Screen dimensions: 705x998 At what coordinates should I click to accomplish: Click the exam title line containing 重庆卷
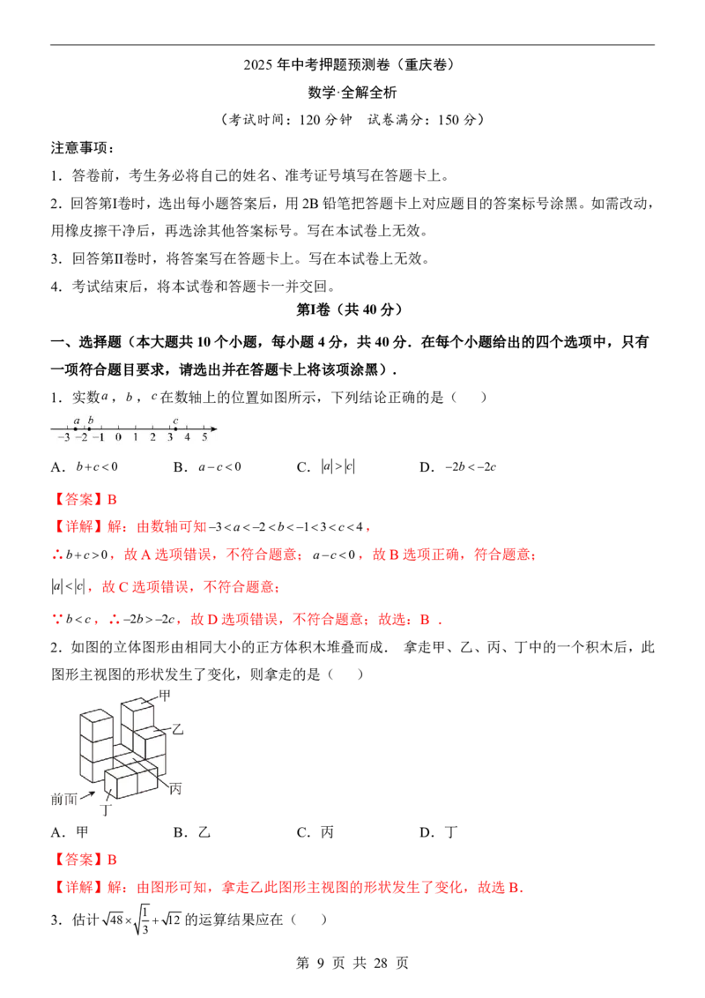pyautogui.click(x=352, y=65)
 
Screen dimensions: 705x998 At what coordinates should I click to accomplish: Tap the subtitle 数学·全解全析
pyautogui.click(x=352, y=93)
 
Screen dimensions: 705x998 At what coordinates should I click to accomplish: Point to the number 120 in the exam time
pyautogui.click(x=310, y=120)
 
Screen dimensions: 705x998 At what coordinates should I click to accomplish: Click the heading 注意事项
pyautogui.click(x=82, y=147)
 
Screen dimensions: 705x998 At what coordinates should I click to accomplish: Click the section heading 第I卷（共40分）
pyautogui.click(x=352, y=310)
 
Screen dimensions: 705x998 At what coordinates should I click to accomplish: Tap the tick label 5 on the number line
pyautogui.click(x=204, y=437)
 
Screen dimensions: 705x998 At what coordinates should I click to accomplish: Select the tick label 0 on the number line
pyautogui.click(x=118, y=437)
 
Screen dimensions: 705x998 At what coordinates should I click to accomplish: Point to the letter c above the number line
pyautogui.click(x=175, y=421)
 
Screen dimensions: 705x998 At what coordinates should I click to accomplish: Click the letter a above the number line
pyautogui.click(x=77, y=421)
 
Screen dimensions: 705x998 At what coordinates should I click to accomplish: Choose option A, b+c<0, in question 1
pyautogui.click(x=85, y=467)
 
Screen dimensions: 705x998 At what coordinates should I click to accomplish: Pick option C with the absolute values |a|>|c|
pyautogui.click(x=326, y=467)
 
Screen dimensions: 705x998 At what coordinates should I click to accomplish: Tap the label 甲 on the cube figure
pyautogui.click(x=165, y=696)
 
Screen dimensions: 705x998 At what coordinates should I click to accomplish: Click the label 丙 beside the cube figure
pyautogui.click(x=175, y=788)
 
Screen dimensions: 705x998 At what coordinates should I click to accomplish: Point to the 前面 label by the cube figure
pyautogui.click(x=64, y=799)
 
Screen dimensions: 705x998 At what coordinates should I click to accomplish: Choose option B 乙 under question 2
pyautogui.click(x=192, y=832)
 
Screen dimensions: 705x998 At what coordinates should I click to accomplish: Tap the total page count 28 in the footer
pyautogui.click(x=381, y=963)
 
